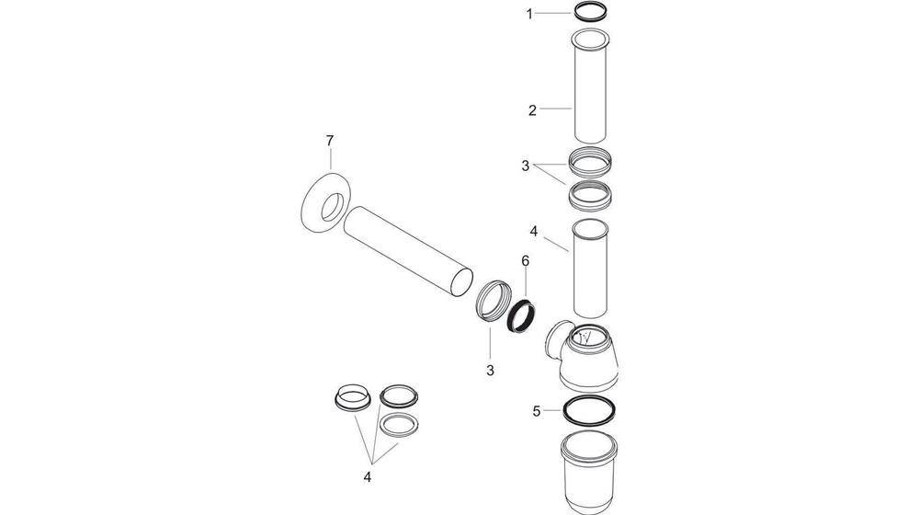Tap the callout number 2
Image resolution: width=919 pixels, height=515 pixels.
pyautogui.click(x=531, y=109)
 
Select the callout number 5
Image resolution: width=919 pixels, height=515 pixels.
pyautogui.click(x=537, y=411)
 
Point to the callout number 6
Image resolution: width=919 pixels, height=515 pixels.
pyautogui.click(x=525, y=261)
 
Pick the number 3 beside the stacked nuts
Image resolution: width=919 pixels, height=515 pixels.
pyautogui.click(x=525, y=166)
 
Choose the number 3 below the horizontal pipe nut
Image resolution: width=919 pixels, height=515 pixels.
pyautogui.click(x=490, y=370)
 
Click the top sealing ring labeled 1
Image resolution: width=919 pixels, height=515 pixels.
pyautogui.click(x=590, y=13)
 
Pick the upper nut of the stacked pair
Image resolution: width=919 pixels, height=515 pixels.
pyautogui.click(x=589, y=163)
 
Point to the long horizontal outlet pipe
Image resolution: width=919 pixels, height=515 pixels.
pyautogui.click(x=409, y=252)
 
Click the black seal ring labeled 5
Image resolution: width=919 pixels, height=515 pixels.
pyautogui.click(x=588, y=411)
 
